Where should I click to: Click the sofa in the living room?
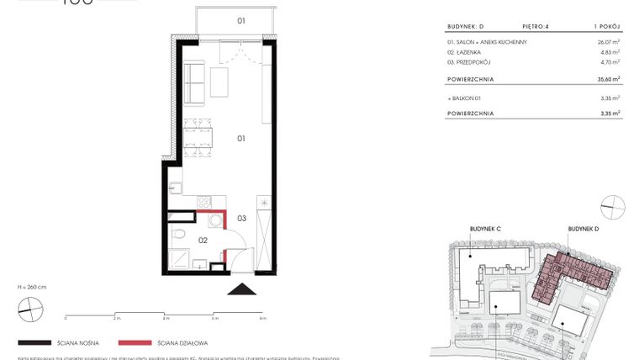point(193,82)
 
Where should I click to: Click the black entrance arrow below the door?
point(243,289)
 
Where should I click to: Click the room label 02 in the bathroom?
point(203,240)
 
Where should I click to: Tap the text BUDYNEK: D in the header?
point(466,27)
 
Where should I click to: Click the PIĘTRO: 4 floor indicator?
point(535,27)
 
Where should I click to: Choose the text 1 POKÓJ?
point(608,27)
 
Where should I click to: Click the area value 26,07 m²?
point(608,42)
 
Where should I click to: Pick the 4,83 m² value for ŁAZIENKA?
point(610,51)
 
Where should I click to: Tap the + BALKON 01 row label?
point(467,98)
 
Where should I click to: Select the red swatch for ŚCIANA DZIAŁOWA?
point(135,343)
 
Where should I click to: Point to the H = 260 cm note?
point(31,287)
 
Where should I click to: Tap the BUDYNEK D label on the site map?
point(583,228)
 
